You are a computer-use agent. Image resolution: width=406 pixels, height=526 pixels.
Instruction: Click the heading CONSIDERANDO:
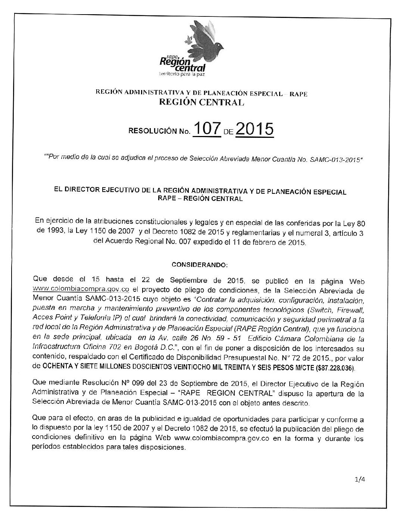pyautogui.click(x=199, y=265)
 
